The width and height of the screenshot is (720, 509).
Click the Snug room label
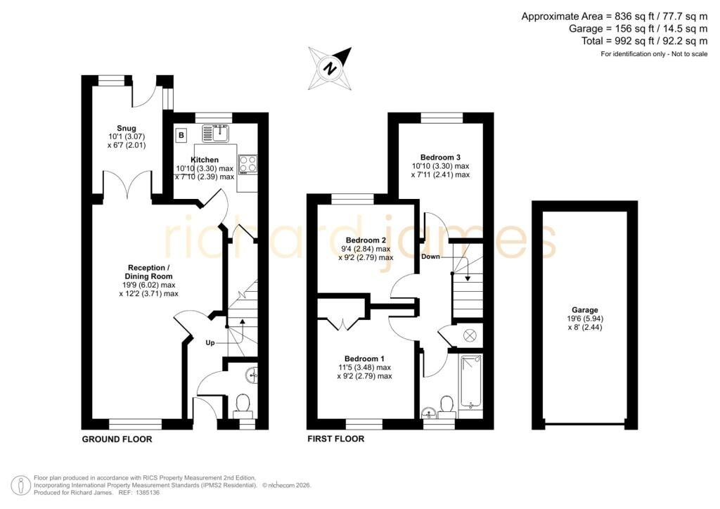[127, 128]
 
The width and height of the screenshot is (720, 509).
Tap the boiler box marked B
[181, 136]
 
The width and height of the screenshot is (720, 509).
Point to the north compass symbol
[330, 68]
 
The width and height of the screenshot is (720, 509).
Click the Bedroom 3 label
[440, 157]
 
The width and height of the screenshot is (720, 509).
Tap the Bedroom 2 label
[366, 240]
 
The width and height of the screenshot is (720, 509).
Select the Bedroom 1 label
[365, 359]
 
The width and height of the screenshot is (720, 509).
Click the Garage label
[584, 310]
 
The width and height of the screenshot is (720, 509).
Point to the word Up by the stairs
[210, 343]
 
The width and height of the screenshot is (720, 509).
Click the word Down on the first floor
[431, 257]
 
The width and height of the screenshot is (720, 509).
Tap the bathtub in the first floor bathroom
[470, 382]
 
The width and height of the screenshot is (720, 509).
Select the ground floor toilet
[243, 406]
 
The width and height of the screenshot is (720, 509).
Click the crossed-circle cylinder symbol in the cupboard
[470, 336]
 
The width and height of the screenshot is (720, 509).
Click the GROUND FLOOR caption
[117, 439]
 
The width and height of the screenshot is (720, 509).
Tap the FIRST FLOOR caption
[335, 439]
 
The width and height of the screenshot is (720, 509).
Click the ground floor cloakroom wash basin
[252, 375]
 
